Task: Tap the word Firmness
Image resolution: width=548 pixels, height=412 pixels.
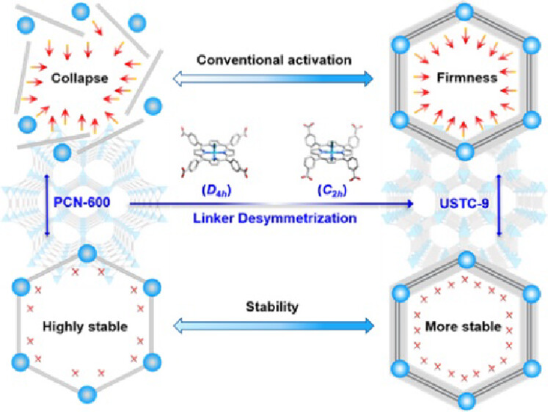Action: pos(464,76)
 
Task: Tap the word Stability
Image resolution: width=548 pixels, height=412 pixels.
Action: pos(274,307)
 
